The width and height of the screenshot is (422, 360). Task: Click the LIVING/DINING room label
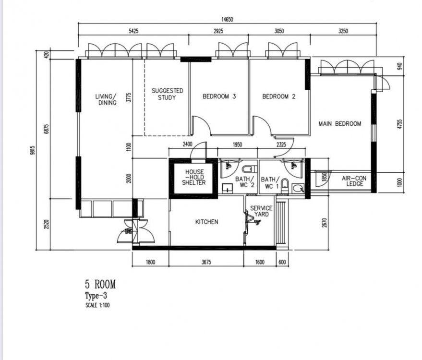coord(107,99)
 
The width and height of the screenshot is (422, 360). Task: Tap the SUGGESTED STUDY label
coord(167,94)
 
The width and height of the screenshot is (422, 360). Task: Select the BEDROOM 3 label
coord(219,96)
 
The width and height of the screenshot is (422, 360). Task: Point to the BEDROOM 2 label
coord(278,96)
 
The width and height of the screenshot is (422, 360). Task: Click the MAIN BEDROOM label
coord(340,123)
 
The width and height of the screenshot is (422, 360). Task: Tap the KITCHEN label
coord(207,222)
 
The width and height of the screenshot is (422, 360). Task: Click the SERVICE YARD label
coord(261,211)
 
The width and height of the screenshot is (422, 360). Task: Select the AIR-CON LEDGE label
coord(355,181)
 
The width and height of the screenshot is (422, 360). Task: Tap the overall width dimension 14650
coord(227,19)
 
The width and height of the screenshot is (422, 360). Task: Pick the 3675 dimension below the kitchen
coord(206,262)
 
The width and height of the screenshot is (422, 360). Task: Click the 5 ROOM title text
coord(100,285)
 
